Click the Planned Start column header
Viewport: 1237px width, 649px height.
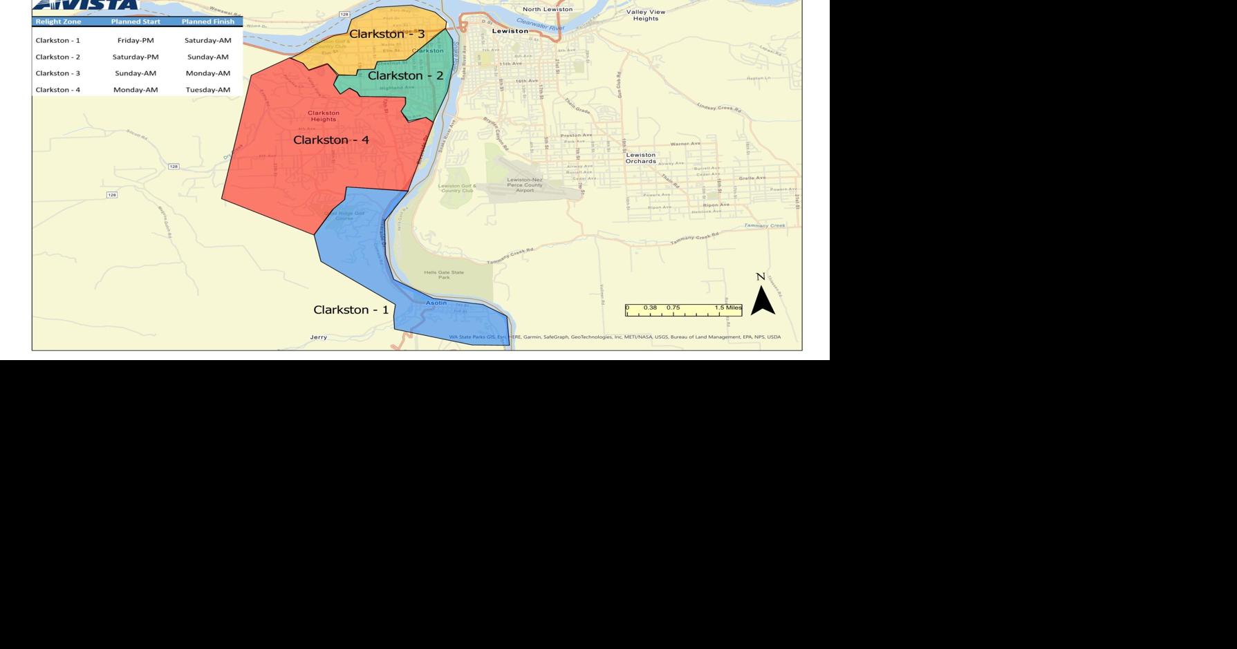pos(136,21)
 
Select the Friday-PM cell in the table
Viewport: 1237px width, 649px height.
pos(136,41)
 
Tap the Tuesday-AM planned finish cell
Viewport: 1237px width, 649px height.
pos(207,90)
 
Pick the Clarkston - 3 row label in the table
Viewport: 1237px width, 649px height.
pos(58,73)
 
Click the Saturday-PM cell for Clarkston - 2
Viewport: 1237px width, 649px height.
pos(136,57)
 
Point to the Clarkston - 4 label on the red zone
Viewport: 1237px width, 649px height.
pos(331,140)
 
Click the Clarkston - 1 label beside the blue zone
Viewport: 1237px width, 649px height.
pos(351,310)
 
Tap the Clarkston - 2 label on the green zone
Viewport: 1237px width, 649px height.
pos(405,76)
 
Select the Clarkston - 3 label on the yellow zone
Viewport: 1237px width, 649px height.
pos(387,34)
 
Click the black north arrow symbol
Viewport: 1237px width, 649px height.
pos(763,301)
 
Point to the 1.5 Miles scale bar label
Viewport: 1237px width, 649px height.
pos(728,308)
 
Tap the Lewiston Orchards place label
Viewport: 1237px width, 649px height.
pos(640,158)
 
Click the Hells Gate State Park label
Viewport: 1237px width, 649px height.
pos(444,274)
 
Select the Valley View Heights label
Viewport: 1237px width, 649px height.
pos(646,15)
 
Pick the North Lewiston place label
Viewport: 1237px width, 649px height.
pos(547,9)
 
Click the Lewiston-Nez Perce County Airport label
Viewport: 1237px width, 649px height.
pos(525,185)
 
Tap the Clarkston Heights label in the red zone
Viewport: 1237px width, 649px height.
pos(323,116)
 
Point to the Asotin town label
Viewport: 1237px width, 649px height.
pos(436,303)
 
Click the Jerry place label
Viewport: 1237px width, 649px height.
pos(318,337)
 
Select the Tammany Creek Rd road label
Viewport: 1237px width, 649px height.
pos(695,238)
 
